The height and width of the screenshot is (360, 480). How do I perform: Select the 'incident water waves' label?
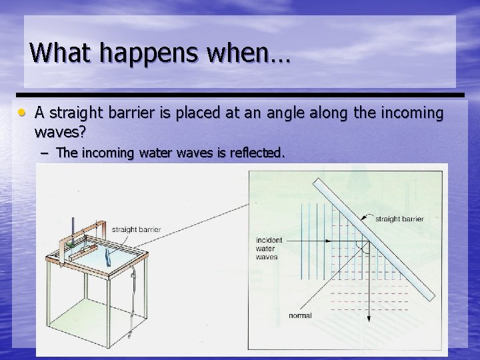pyautogui.click(x=269, y=247)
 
